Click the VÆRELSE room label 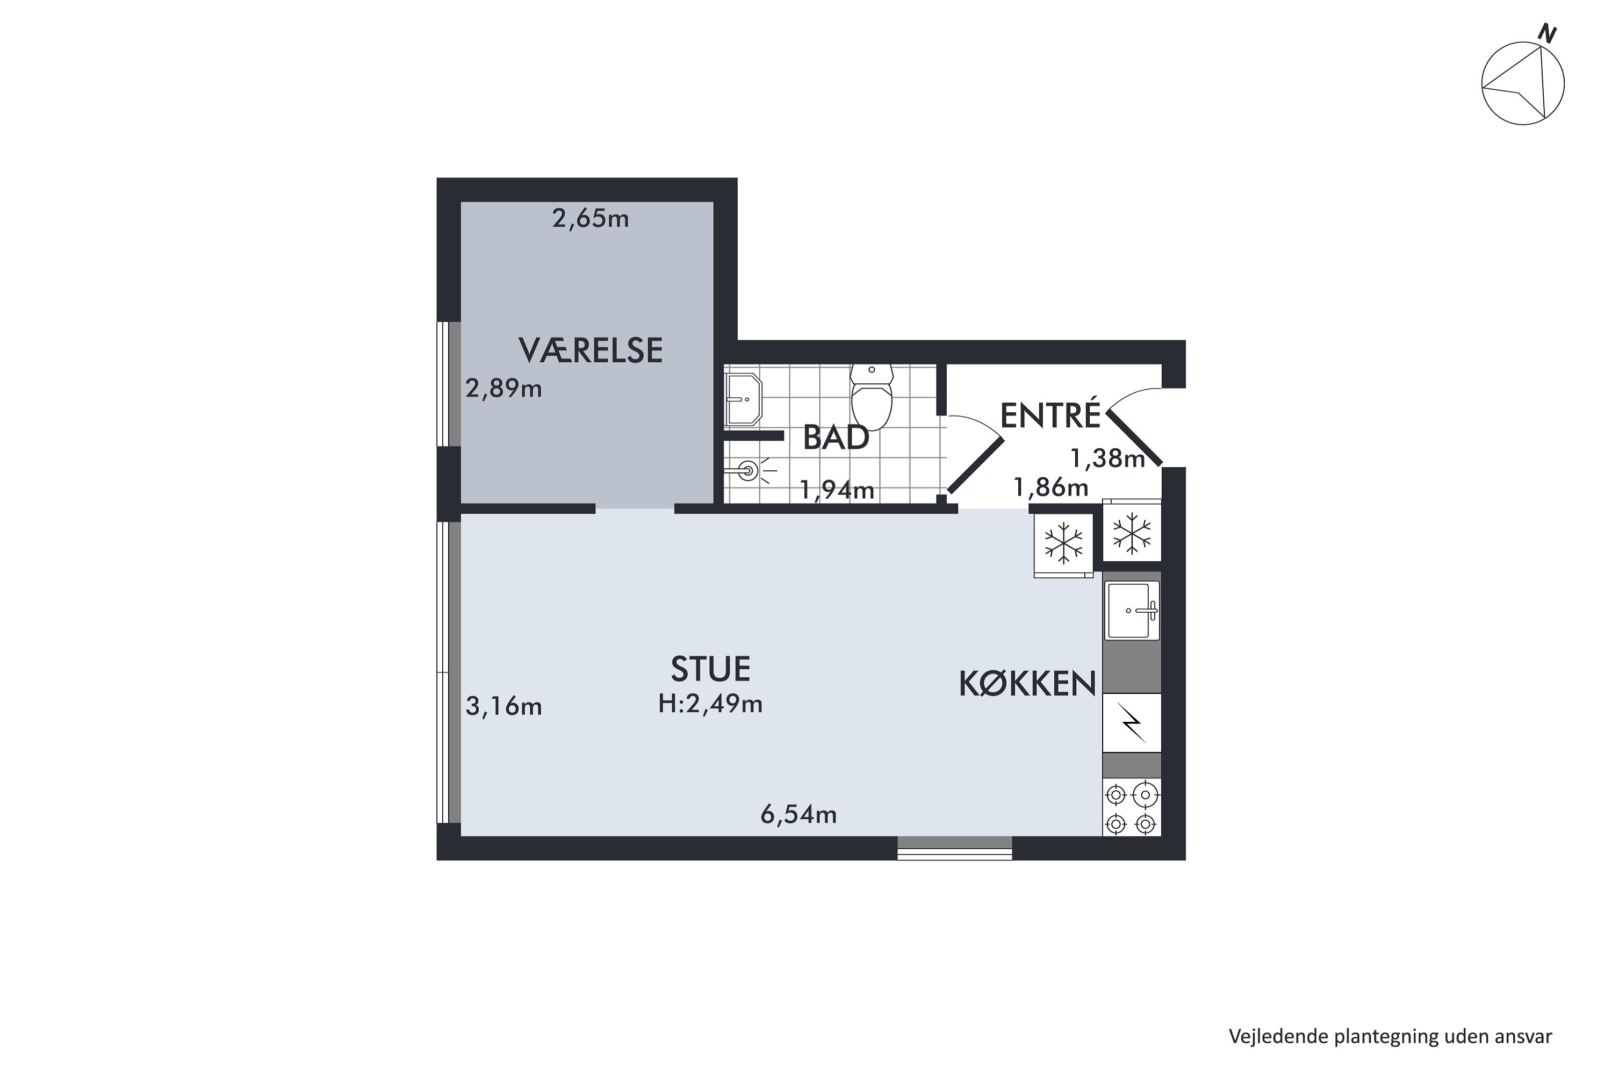click(x=590, y=350)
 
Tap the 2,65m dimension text click(x=590, y=219)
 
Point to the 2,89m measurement click(x=504, y=389)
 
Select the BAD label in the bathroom click(x=836, y=438)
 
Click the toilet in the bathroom click(x=871, y=396)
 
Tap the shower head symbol click(x=749, y=470)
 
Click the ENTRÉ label click(x=1050, y=415)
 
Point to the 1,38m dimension click(x=1107, y=458)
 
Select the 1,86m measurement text click(x=1050, y=488)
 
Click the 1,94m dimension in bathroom click(x=837, y=490)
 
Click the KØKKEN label click(x=1027, y=684)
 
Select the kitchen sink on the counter click(x=1132, y=610)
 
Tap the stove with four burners click(x=1131, y=808)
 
